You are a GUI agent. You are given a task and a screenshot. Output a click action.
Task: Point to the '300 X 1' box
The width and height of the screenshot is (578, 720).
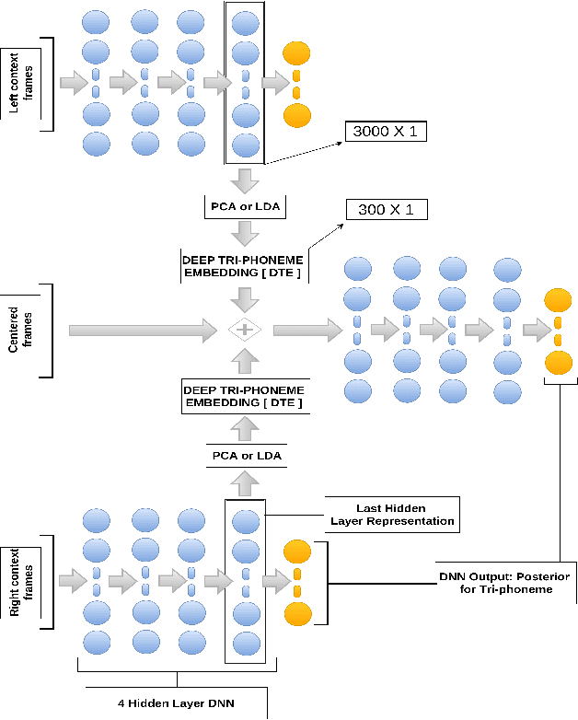coord(384,210)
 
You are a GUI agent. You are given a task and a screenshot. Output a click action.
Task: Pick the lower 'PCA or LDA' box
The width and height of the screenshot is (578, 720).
coord(245,456)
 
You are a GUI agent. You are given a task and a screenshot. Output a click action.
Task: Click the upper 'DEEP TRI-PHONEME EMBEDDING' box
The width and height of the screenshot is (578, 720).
coord(244,267)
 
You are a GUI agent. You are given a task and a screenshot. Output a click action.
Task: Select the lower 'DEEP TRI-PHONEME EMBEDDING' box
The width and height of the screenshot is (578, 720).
coord(244,398)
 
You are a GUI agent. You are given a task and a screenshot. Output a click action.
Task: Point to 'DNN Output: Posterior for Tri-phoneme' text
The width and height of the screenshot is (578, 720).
coord(503,582)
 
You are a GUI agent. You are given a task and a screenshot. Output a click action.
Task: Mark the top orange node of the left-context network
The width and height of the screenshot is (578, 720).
coord(295,53)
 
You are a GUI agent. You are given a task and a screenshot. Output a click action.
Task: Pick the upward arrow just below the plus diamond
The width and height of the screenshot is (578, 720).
coord(245,361)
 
